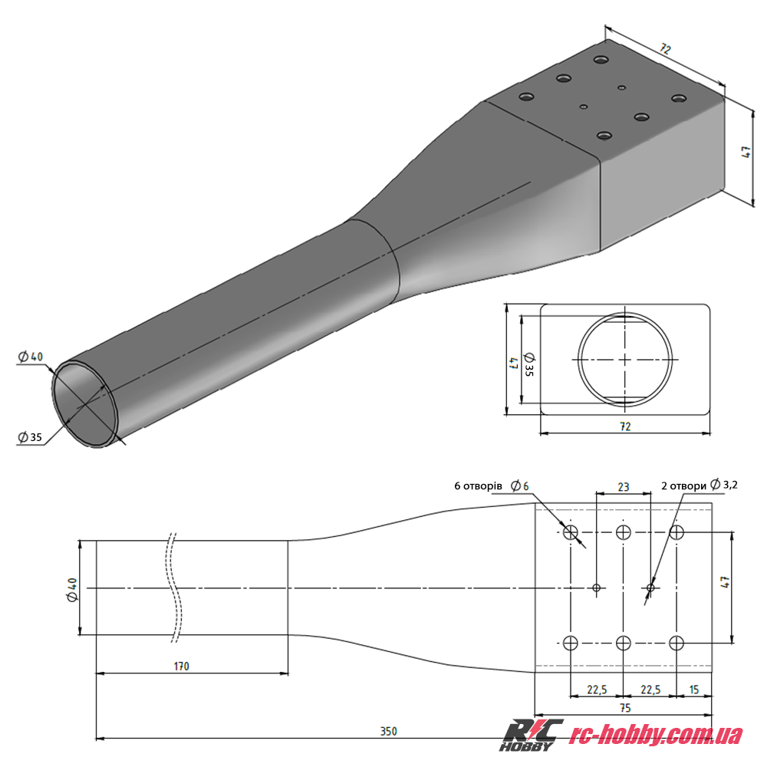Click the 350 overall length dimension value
[388, 731]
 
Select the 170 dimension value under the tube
[181, 667]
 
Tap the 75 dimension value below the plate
[625, 708]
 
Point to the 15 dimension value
[693, 690]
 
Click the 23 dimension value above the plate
[623, 487]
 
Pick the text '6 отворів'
[478, 486]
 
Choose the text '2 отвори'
[683, 486]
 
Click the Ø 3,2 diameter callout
[724, 485]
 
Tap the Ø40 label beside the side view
[72, 590]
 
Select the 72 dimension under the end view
[625, 426]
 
